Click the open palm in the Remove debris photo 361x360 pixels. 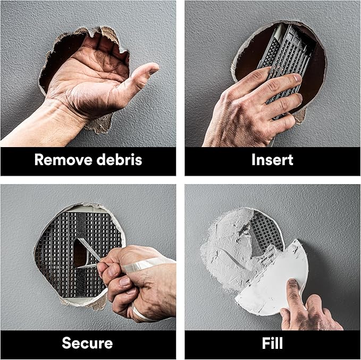click(90, 80)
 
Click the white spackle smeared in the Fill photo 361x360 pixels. click(223, 250)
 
